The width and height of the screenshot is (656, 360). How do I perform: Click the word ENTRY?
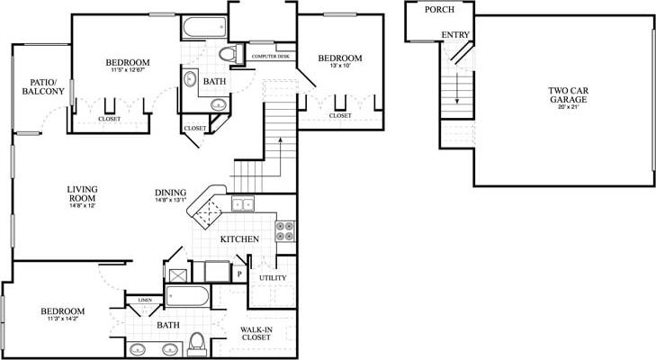tap(454, 35)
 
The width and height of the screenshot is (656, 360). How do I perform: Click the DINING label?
tap(170, 192)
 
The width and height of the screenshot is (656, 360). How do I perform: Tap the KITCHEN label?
tap(239, 238)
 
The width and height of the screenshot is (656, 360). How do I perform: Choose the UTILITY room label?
tap(273, 278)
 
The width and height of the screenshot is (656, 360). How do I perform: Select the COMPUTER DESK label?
tap(270, 56)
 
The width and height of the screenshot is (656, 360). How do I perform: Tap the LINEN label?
tap(144, 300)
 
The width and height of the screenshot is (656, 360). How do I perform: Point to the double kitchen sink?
tap(242, 203)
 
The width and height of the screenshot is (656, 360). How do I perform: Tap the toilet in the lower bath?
tap(198, 343)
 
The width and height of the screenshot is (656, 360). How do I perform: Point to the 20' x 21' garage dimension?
tap(568, 106)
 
